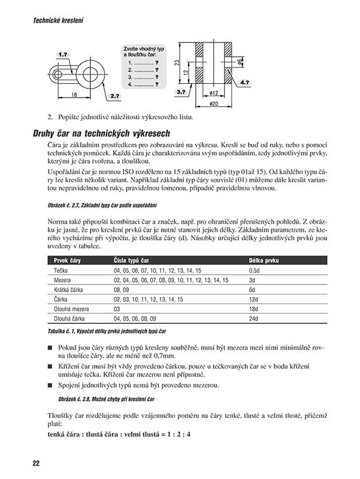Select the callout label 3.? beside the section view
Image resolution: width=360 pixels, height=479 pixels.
(180, 92)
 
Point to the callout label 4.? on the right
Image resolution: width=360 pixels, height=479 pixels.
(244, 80)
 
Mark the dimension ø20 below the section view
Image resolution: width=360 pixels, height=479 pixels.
(214, 104)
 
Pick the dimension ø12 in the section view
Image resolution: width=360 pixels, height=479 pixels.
(214, 93)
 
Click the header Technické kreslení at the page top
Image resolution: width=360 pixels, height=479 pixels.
(51, 20)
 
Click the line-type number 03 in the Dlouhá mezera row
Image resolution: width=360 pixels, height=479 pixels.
(117, 308)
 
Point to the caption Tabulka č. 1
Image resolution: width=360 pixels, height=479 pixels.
(63, 331)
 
